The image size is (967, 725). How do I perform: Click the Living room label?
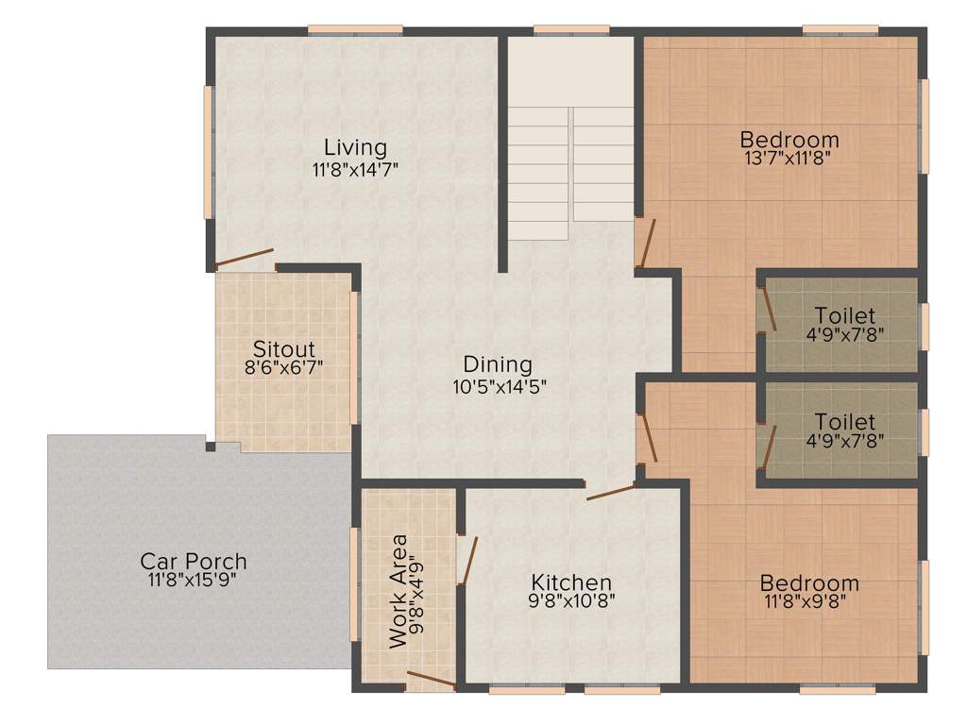355,147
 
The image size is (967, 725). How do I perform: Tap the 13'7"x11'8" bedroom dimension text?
789,158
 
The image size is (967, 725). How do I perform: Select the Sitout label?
283,349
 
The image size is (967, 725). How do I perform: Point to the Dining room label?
498,364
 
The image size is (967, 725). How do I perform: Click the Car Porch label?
193,561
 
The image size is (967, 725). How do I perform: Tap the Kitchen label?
570,582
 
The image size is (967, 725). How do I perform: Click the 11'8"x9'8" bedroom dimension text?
809,600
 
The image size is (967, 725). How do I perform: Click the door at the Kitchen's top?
610,492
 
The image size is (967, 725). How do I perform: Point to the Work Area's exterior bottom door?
431,678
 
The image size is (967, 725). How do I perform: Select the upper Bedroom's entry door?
644,242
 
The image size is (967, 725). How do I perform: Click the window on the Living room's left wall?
208,152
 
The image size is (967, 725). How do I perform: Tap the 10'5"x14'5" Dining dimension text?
499,385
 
